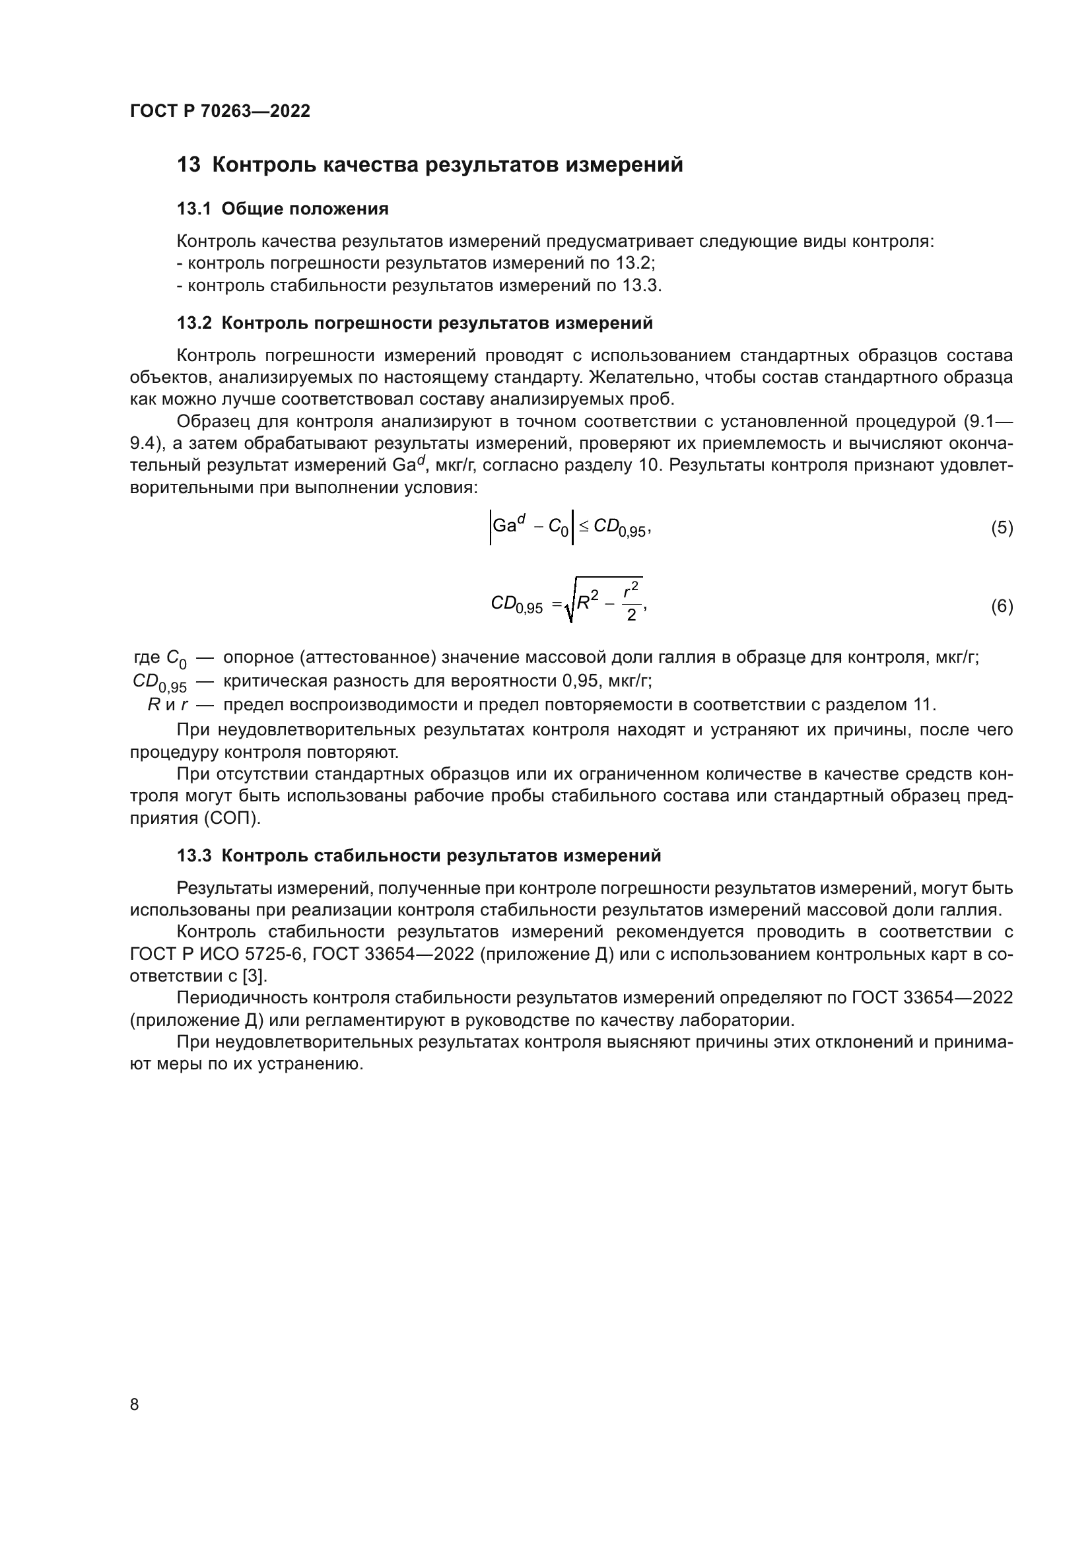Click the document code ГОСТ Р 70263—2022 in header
(220, 112)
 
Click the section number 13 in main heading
(188, 165)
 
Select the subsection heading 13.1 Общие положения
(283, 209)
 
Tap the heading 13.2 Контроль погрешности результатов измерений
(414, 323)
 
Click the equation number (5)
(1002, 528)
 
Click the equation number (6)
(1002, 607)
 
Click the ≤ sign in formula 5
(584, 527)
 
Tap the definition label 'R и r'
(167, 706)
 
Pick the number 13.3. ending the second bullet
(642, 286)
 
